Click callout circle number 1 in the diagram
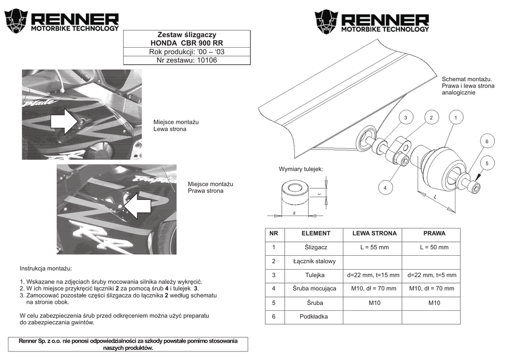[x=455, y=117]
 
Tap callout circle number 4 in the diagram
[x=385, y=188]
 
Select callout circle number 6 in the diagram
[x=487, y=142]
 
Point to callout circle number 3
[x=405, y=117]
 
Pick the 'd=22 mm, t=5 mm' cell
[x=432, y=275]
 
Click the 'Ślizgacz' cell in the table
[x=316, y=247]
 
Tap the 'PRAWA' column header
[x=434, y=233]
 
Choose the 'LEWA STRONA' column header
[x=374, y=233]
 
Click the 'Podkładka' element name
[x=314, y=316]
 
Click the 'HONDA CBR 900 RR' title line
[x=187, y=43]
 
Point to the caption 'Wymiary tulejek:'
[x=301, y=169]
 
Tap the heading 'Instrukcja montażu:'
[x=46, y=268]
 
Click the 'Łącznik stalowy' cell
[x=315, y=261]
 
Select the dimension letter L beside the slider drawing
[x=435, y=198]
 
